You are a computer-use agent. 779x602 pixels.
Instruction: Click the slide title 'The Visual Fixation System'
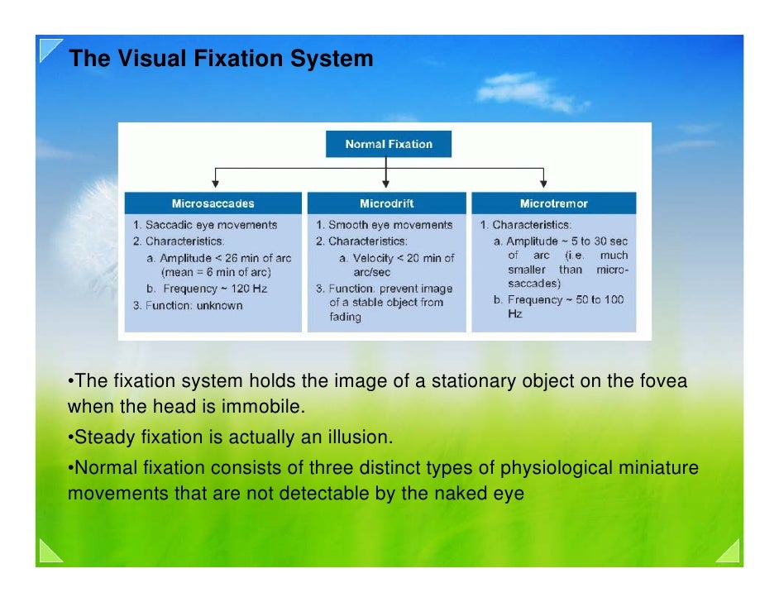click(x=220, y=60)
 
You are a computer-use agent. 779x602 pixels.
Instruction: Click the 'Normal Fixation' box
click(x=388, y=144)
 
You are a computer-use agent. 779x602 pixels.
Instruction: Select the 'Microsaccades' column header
click(x=213, y=203)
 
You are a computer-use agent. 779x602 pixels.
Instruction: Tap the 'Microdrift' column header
click(x=386, y=203)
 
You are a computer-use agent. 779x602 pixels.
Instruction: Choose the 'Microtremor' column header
click(x=553, y=203)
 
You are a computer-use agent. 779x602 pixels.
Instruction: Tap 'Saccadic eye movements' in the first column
click(x=211, y=225)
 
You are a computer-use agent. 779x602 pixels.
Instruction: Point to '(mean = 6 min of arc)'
click(x=216, y=272)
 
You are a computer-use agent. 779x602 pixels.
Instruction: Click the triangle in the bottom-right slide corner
click(x=728, y=551)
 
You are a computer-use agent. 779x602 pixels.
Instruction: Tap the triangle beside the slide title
click(x=50, y=50)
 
